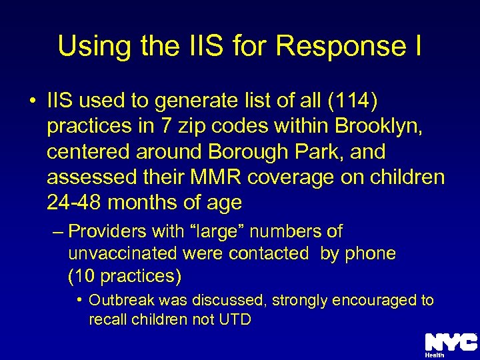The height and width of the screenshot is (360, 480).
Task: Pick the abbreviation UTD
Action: (x=234, y=319)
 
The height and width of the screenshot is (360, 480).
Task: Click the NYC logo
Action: (x=451, y=344)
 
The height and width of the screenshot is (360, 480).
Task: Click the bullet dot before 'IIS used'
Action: (x=33, y=101)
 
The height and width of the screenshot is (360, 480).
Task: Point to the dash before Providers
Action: (x=58, y=232)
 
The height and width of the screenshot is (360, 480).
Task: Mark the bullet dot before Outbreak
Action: (x=79, y=301)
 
